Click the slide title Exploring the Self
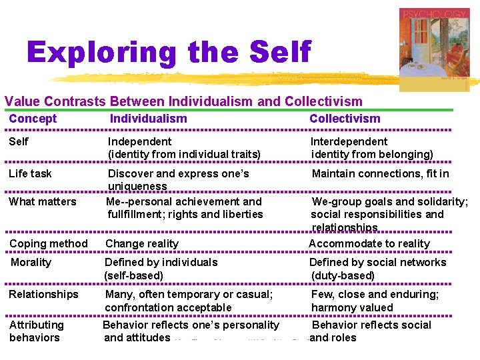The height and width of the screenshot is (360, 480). tap(169, 53)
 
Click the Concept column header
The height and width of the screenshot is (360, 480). tap(33, 119)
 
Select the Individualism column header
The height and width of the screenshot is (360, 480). tap(148, 119)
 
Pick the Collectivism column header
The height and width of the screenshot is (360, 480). tap(345, 119)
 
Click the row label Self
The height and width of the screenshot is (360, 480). tap(19, 141)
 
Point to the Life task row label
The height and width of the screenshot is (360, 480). tap(30, 173)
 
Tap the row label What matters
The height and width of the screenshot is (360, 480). tap(43, 201)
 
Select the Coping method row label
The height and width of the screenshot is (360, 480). tap(48, 243)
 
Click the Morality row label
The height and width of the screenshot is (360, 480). tap(31, 262)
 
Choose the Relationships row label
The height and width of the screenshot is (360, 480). tap(43, 294)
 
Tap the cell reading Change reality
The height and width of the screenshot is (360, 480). tap(142, 243)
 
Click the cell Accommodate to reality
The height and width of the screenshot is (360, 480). tap(369, 243)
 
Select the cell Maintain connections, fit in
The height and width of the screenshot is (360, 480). tap(381, 173)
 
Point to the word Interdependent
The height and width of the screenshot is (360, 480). tap(349, 141)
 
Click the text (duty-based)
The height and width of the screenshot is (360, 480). tap(343, 275)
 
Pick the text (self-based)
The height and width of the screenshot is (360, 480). tap(133, 275)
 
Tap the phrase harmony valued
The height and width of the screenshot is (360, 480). tap(352, 307)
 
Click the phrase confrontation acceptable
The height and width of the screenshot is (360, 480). tap(168, 307)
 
